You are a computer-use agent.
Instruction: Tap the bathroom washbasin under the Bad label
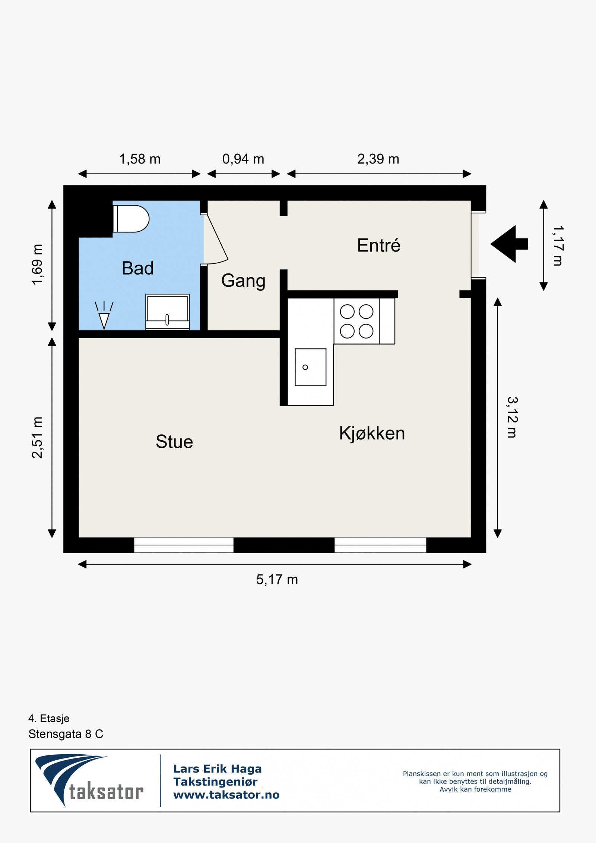click(x=168, y=312)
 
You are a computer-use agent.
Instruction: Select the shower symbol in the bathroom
click(x=104, y=315)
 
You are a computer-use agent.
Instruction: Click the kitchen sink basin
click(x=310, y=367)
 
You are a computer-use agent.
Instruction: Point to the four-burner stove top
click(x=356, y=321)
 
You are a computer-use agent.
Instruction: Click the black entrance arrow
click(x=509, y=244)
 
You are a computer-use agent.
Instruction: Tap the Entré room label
click(x=379, y=245)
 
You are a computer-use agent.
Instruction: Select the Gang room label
click(x=243, y=281)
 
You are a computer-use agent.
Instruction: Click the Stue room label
click(x=174, y=442)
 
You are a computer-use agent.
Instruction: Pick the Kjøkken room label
click(x=372, y=433)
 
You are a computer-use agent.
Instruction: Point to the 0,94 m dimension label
click(x=243, y=159)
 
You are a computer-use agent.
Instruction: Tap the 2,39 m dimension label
click(x=378, y=159)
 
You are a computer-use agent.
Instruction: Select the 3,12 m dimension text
click(x=513, y=417)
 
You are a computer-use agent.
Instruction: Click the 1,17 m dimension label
click(x=558, y=245)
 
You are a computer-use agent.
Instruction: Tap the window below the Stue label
click(x=184, y=545)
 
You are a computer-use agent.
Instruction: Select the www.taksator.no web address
click(x=226, y=795)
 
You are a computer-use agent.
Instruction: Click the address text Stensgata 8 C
click(x=66, y=734)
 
